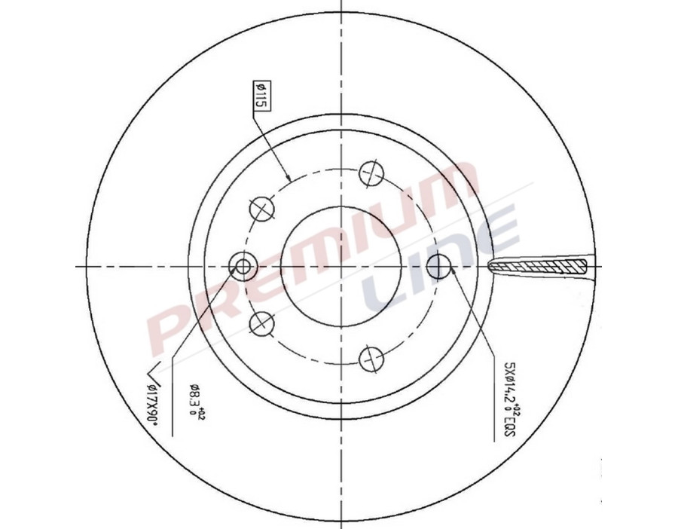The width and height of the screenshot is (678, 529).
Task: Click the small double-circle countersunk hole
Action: coord(243,265)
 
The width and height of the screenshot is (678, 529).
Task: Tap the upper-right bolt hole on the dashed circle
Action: coord(370,173)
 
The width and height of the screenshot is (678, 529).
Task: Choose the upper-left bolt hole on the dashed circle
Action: coord(261,208)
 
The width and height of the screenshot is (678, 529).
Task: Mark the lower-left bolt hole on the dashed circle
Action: coord(261,323)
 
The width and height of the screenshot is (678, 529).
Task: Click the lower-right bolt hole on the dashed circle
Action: coord(370,359)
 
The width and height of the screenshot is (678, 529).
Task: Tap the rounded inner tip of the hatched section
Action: coord(491,266)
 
